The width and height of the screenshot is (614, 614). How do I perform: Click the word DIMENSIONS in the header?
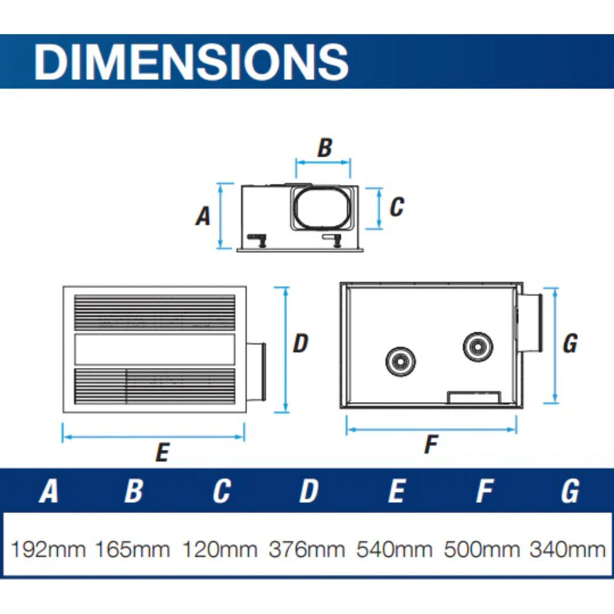(191, 61)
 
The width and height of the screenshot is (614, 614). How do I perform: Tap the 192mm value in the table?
(48, 549)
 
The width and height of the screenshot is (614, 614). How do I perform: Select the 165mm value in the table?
(133, 549)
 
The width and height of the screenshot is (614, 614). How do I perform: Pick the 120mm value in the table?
(220, 549)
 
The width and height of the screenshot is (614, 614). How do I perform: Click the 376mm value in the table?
(307, 549)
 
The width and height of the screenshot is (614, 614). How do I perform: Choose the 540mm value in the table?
(394, 549)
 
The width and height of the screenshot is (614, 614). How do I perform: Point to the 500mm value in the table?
(482, 549)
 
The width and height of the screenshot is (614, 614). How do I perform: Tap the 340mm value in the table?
(568, 549)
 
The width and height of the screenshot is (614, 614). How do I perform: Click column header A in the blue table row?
(49, 491)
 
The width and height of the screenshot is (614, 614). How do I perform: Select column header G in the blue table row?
(570, 491)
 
